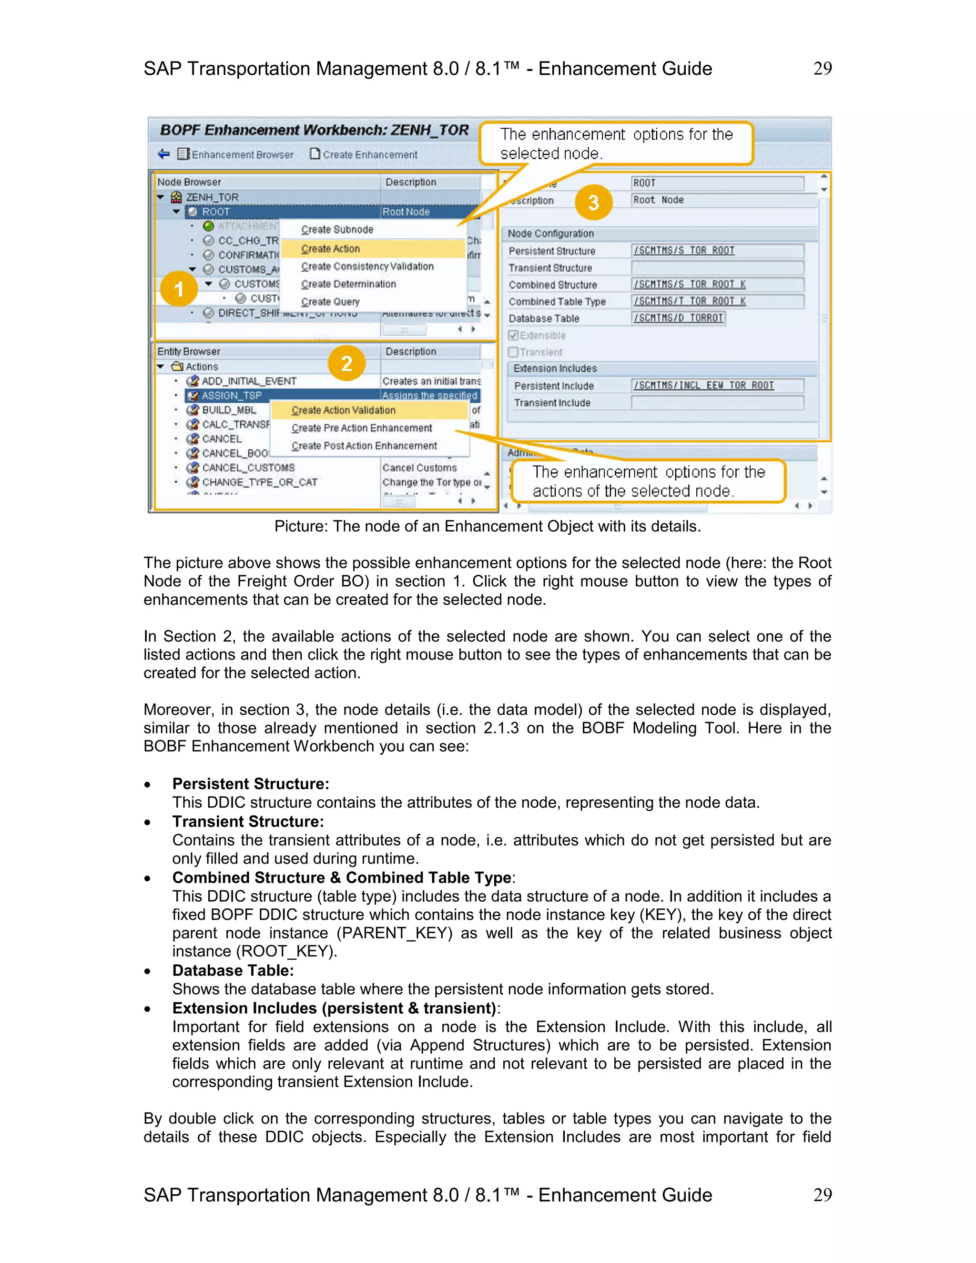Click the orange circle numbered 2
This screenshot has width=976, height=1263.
click(346, 363)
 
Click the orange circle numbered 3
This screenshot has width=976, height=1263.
click(593, 203)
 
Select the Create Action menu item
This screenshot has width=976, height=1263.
click(330, 249)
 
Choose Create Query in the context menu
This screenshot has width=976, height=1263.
click(330, 302)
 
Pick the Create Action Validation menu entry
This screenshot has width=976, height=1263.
click(344, 410)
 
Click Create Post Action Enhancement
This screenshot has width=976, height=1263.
click(364, 446)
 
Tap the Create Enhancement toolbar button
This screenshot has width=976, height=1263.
click(364, 154)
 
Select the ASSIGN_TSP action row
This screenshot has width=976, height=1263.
click(231, 396)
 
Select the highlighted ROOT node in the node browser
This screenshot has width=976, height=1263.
click(216, 212)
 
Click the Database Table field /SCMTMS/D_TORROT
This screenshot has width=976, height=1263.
click(678, 318)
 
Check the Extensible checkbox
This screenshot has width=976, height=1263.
click(513, 336)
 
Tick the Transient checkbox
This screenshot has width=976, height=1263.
click(513, 352)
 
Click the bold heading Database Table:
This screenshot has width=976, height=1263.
click(233, 970)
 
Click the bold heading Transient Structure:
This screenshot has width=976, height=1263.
click(248, 821)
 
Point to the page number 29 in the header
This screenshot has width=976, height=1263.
click(822, 69)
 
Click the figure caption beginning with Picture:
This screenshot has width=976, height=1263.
click(488, 526)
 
